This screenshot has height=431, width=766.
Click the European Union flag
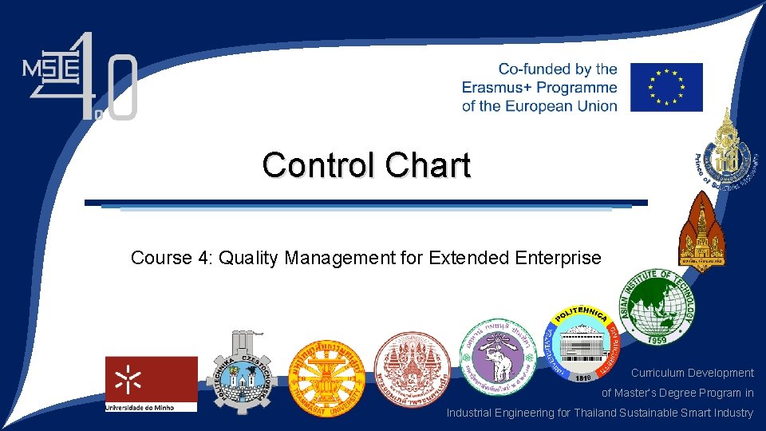click(x=666, y=87)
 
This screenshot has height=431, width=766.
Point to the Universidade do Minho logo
click(x=151, y=384)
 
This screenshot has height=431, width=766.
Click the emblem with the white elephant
click(x=492, y=357)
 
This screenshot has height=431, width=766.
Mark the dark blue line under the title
click(x=366, y=203)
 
